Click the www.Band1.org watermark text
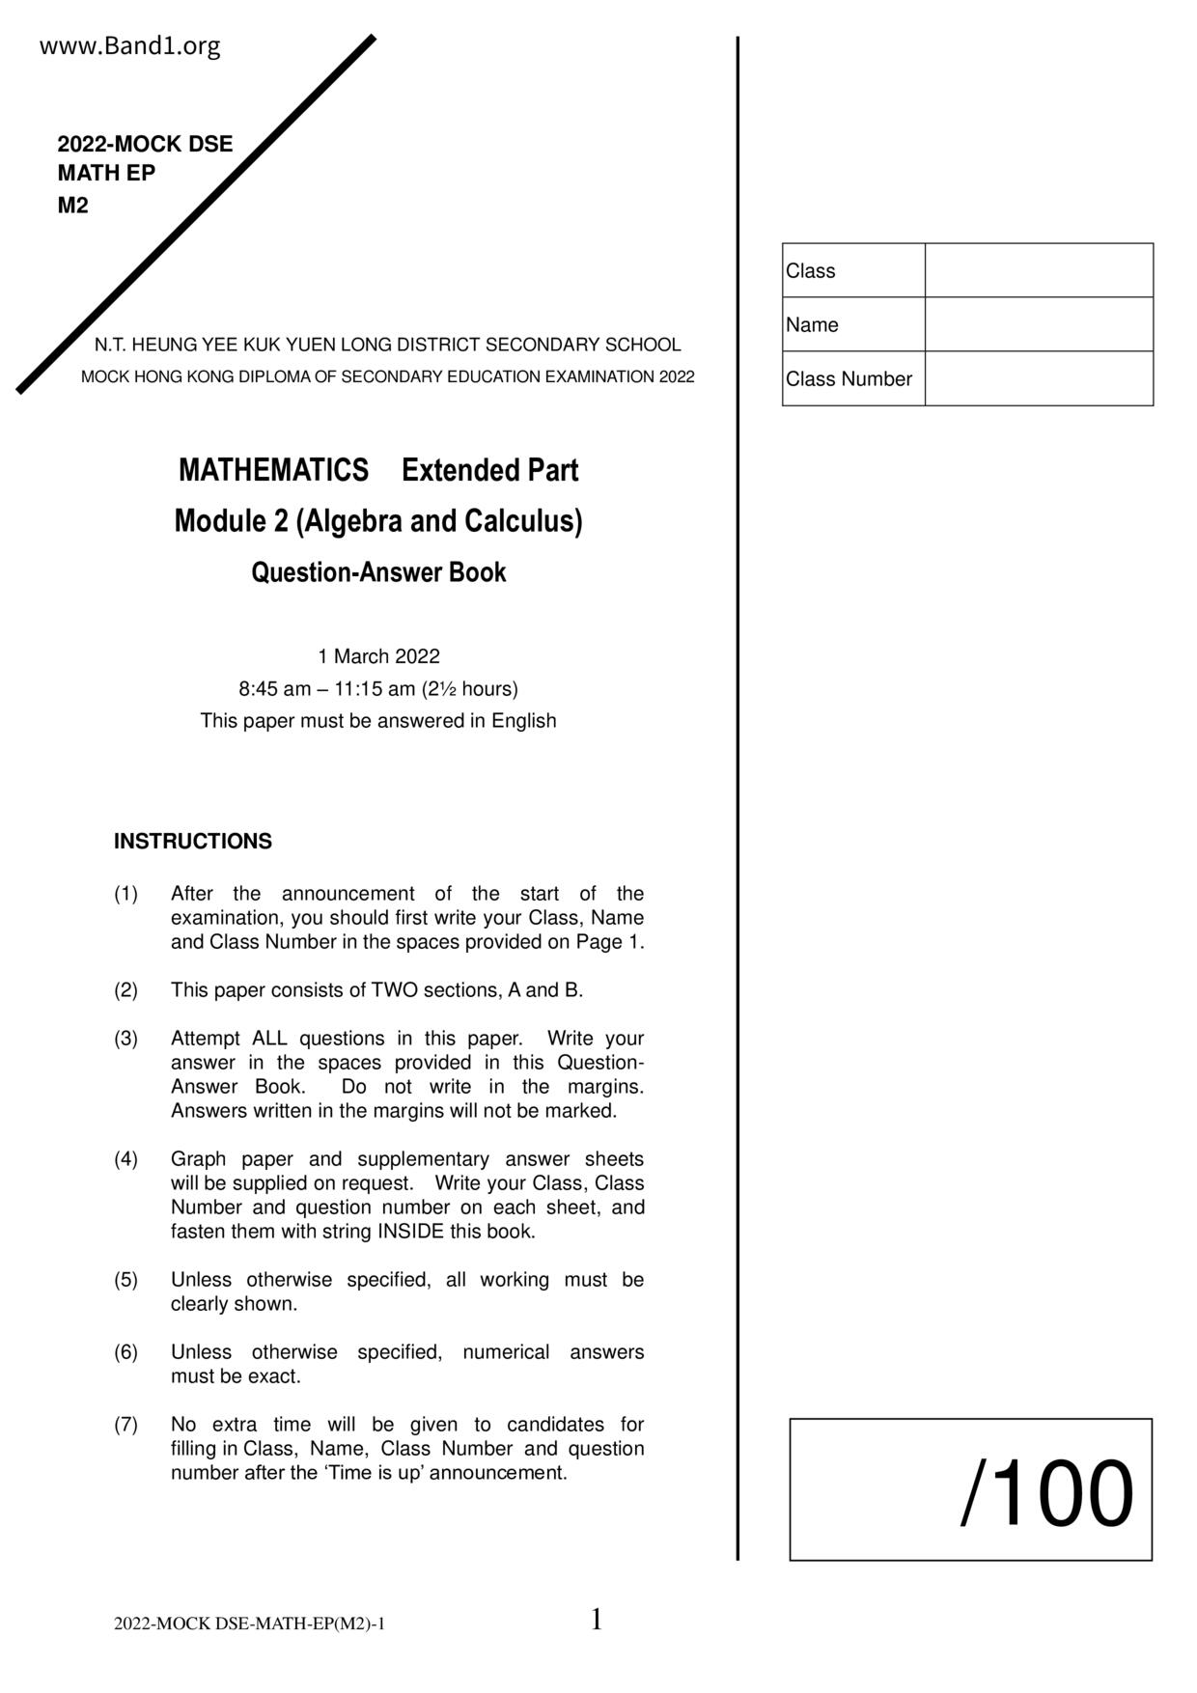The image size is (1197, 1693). click(129, 46)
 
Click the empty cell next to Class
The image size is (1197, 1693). click(1038, 270)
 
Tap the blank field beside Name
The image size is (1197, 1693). click(1038, 324)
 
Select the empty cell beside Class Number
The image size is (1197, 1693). click(1038, 378)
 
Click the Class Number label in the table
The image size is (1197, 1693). click(849, 379)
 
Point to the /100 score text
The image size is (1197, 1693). click(1046, 1493)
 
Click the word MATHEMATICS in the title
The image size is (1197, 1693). click(273, 471)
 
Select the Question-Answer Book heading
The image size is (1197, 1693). click(378, 572)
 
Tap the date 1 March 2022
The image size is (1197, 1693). click(378, 656)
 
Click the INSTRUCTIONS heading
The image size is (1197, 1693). click(193, 842)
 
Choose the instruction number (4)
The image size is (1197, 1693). click(126, 1159)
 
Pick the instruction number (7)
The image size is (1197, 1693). click(126, 1425)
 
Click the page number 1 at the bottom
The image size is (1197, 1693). click(596, 1620)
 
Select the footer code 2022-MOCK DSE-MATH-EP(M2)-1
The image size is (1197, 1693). click(249, 1624)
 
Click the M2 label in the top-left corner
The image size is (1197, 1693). click(72, 206)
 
